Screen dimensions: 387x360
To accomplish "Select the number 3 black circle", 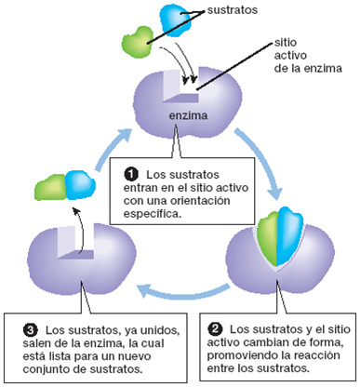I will pyautogui.click(x=29, y=329).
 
